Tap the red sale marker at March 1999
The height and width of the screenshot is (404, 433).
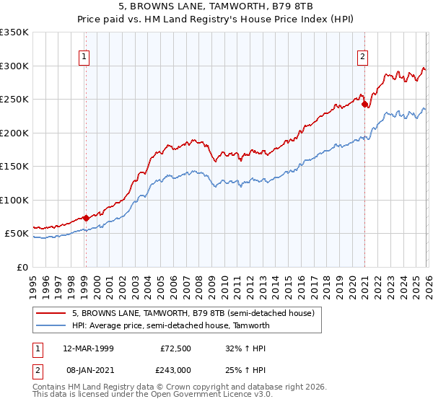[86, 217]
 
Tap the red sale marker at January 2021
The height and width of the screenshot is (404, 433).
[364, 104]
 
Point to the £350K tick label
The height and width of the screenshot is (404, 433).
[14, 32]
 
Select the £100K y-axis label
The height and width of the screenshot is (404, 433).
[14, 200]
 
